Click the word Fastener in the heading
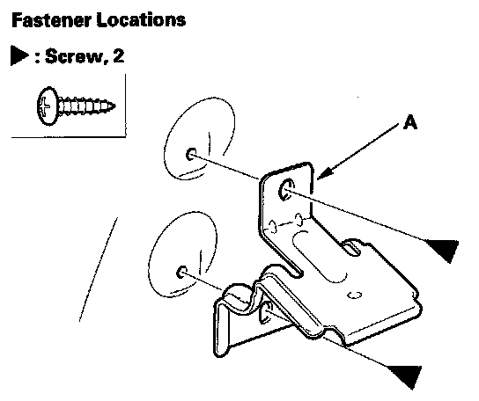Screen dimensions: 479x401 click(x=51, y=20)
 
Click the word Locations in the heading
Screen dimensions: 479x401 click(x=141, y=20)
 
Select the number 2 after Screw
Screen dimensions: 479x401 click(x=119, y=56)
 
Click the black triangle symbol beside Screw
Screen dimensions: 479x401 click(x=19, y=55)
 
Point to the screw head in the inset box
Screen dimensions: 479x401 click(x=48, y=106)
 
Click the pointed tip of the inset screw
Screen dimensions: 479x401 click(x=114, y=106)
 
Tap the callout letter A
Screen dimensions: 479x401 click(x=409, y=123)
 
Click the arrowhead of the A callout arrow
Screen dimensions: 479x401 click(x=324, y=173)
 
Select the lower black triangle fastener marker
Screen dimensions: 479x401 click(x=405, y=375)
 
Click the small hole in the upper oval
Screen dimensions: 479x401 click(x=191, y=154)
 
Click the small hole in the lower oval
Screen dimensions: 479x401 click(x=182, y=272)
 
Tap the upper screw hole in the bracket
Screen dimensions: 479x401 click(x=286, y=189)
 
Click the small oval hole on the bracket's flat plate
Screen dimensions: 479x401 click(x=354, y=295)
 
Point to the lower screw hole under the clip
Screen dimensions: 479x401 click(x=266, y=312)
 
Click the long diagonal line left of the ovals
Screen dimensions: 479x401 click(x=99, y=269)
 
